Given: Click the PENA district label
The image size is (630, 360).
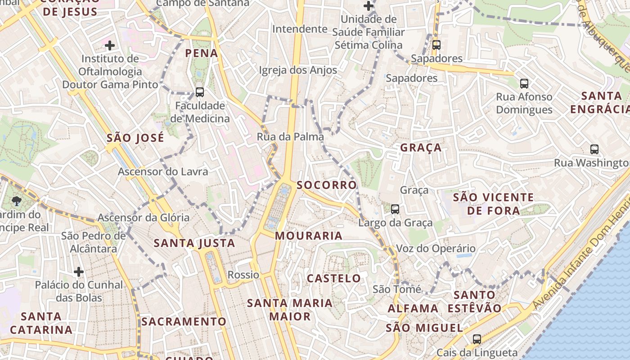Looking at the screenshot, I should click(202, 54).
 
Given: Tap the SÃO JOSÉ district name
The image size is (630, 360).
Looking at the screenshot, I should click(135, 138).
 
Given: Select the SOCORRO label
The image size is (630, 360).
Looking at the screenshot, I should click(327, 185).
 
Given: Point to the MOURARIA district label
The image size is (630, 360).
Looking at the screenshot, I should click(309, 236).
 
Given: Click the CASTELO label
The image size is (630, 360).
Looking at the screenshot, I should click(334, 279).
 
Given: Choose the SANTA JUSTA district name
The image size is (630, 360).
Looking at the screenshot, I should click(194, 243).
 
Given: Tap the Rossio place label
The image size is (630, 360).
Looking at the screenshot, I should click(243, 274).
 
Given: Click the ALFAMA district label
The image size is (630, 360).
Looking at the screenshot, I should click(413, 309).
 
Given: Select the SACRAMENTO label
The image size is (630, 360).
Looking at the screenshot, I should click(184, 322).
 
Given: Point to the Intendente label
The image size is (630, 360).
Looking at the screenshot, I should click(300, 29).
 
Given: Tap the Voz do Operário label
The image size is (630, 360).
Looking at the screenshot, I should click(436, 248).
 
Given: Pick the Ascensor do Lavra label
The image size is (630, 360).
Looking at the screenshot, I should click(163, 171).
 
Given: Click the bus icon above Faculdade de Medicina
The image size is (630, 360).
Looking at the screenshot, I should click(200, 92).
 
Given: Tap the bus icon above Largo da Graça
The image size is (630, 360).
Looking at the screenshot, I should click(395, 209).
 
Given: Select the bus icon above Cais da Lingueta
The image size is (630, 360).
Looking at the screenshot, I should click(477, 339).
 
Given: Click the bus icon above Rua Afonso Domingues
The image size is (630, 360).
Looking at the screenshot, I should click(524, 83).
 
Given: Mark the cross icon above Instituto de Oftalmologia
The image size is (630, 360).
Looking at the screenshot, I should click(110, 45).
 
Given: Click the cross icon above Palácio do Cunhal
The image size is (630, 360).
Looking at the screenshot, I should click(79, 271).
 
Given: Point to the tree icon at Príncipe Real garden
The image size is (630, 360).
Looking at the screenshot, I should click(17, 201).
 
